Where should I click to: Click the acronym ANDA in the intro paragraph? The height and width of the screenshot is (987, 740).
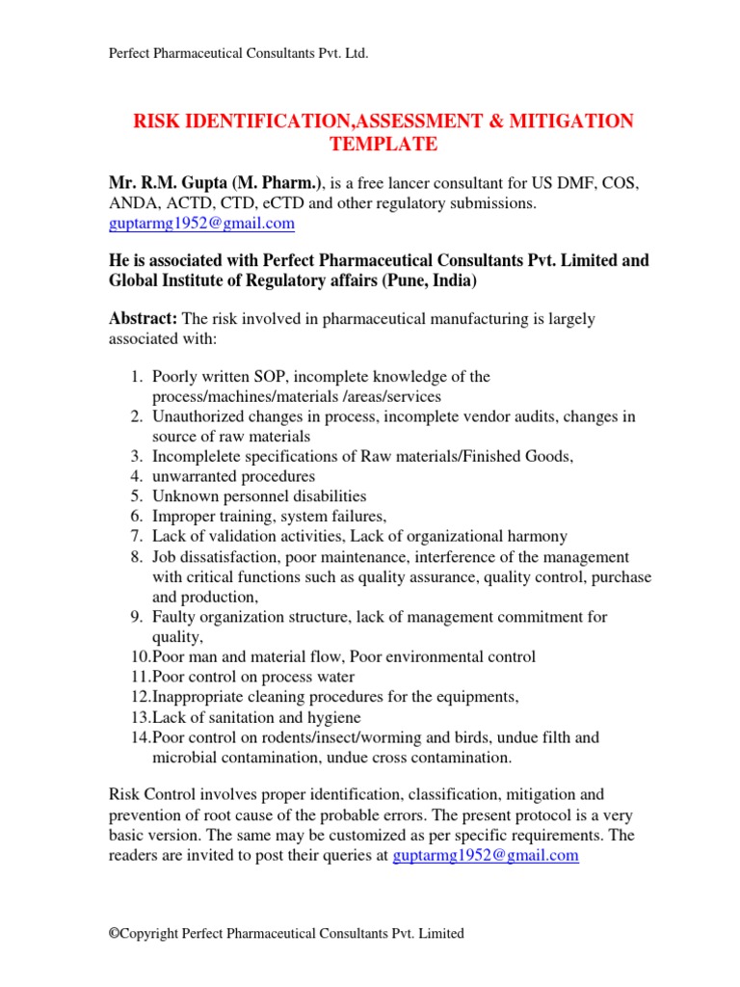pyautogui.click(x=129, y=203)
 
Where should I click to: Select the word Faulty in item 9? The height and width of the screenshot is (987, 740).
pyautogui.click(x=174, y=616)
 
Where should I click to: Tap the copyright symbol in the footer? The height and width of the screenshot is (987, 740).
pyautogui.click(x=113, y=933)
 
